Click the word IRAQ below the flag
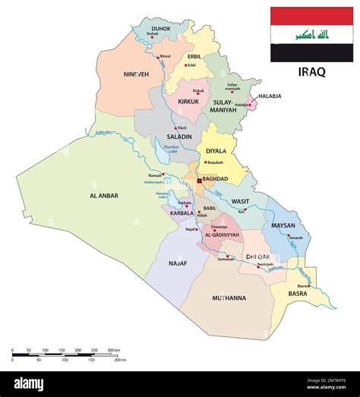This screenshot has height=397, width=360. point(311,72)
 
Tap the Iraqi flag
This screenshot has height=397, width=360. point(311,34)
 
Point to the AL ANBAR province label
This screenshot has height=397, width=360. point(105,195)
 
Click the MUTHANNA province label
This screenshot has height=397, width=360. point(229,298)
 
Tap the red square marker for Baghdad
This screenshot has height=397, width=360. point(200,181)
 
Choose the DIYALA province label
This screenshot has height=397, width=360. point(216,151)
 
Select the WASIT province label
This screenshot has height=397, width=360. point(239,201)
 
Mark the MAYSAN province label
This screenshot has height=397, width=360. point(283,225)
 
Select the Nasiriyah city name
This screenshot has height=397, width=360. point(262,264)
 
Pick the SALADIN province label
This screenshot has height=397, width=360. point(174,137)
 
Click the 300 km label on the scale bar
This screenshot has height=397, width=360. point(113,351)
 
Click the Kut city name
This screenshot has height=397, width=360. point(241,212)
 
